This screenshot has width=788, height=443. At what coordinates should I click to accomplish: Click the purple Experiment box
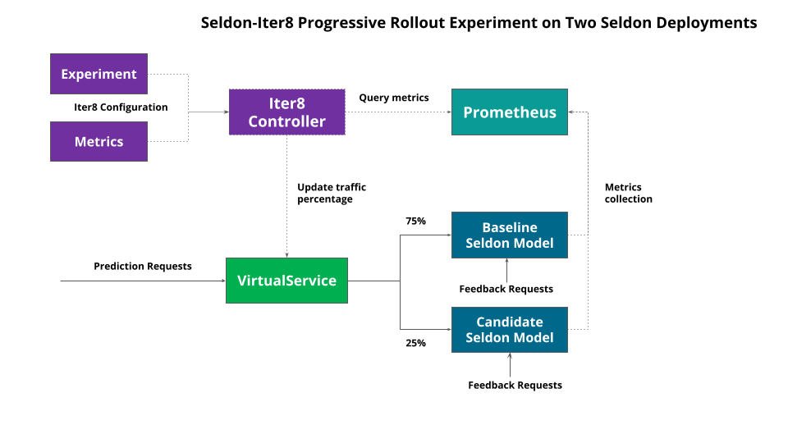pyautogui.click(x=98, y=74)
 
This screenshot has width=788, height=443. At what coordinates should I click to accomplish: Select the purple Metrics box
pyautogui.click(x=98, y=141)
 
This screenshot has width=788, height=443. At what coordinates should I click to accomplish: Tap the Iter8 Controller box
pyautogui.click(x=286, y=112)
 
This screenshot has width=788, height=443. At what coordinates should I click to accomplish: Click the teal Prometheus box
pyautogui.click(x=509, y=112)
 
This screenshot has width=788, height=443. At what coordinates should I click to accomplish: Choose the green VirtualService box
pyautogui.click(x=286, y=281)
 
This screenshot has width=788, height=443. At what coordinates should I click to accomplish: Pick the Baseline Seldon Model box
pyautogui.click(x=509, y=235)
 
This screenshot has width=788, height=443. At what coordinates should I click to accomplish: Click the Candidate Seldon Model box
pyautogui.click(x=509, y=330)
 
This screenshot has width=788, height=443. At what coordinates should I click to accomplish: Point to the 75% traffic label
pyautogui.click(x=415, y=221)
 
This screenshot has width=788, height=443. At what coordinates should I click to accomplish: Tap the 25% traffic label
pyautogui.click(x=415, y=343)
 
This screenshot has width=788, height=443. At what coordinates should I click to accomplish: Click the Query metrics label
pyautogui.click(x=393, y=98)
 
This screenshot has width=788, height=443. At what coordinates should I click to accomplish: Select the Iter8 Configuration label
pyautogui.click(x=121, y=107)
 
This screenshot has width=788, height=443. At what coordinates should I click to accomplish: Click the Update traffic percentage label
pyautogui.click(x=331, y=193)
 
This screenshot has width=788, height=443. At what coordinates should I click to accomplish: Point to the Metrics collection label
pyautogui.click(x=628, y=193)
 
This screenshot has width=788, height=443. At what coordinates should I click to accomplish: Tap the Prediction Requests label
pyautogui.click(x=142, y=266)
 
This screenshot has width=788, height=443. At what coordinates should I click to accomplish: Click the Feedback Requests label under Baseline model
pyautogui.click(x=506, y=289)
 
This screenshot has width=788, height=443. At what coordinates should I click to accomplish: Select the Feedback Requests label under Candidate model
pyautogui.click(x=515, y=385)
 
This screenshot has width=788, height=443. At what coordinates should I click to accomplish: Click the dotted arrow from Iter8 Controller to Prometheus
pyautogui.click(x=398, y=112)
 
